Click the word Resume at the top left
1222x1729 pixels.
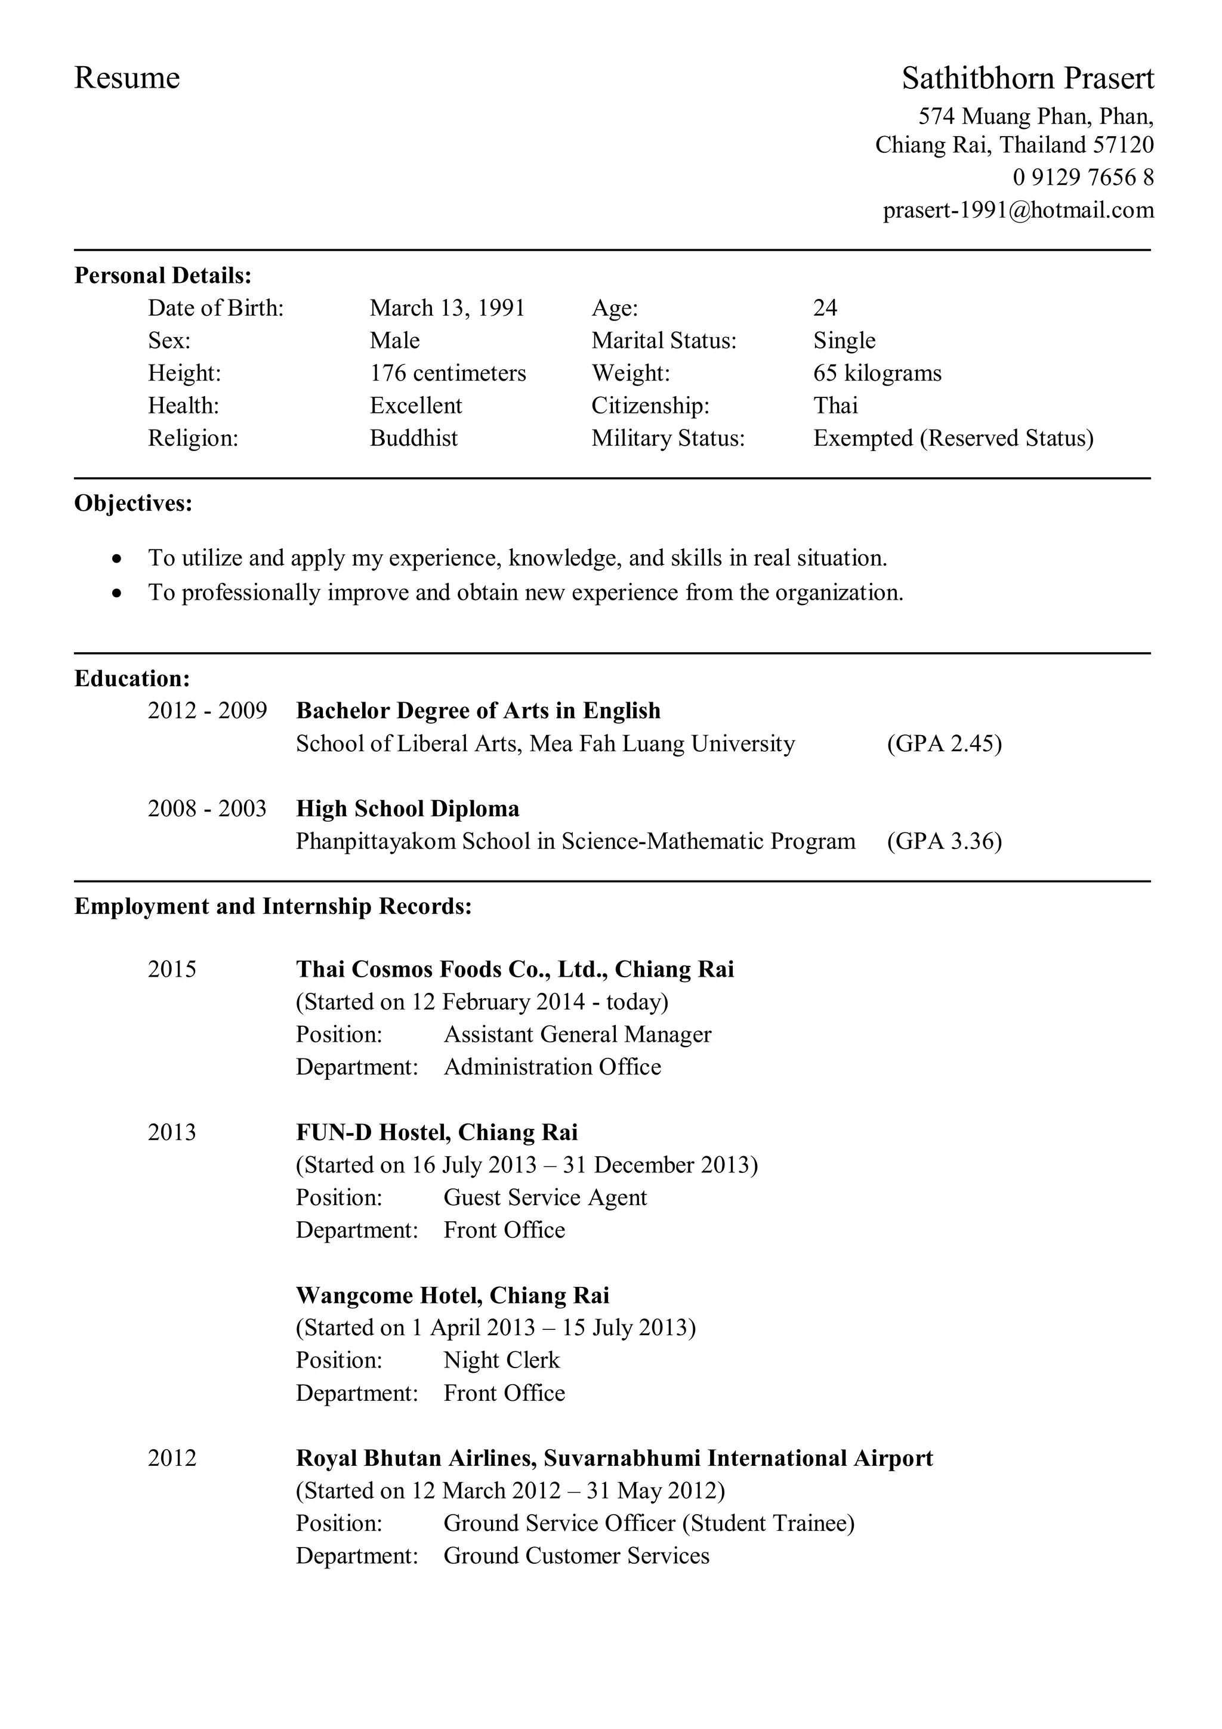coord(126,78)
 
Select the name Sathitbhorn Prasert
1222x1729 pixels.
coord(1027,78)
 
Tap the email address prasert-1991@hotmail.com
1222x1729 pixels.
coord(1018,210)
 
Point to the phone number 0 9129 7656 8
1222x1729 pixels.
coord(1083,178)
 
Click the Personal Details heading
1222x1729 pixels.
coord(163,276)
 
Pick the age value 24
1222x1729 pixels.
coord(825,308)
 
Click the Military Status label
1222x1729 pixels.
coord(667,439)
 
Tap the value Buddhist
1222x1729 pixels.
coord(413,439)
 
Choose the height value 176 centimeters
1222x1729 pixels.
coord(448,373)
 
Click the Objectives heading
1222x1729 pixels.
coord(133,503)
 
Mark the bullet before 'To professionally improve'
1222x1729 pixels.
coord(116,594)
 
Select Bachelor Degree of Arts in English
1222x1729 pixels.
coord(478,711)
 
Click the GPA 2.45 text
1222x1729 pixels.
coord(944,744)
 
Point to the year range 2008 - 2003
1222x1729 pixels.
coord(207,809)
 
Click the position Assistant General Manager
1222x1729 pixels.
coord(577,1035)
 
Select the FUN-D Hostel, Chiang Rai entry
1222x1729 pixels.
coord(437,1132)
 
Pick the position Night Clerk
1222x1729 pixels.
coord(501,1360)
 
